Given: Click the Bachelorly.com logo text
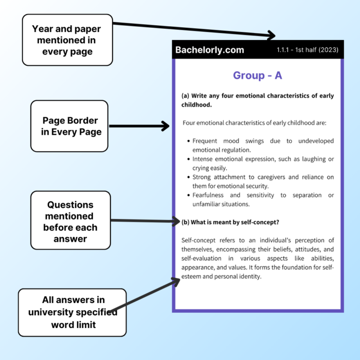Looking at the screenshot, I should click(x=210, y=50).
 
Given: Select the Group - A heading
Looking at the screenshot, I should click(x=258, y=76).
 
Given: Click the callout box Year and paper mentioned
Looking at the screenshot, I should click(x=67, y=40).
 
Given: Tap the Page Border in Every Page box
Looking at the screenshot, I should click(x=69, y=126).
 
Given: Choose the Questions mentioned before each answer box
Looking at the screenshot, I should click(x=70, y=220).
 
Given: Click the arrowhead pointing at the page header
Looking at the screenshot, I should click(x=271, y=35).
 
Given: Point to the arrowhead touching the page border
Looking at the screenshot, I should click(x=165, y=126).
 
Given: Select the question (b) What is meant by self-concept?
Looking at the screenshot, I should click(x=230, y=222).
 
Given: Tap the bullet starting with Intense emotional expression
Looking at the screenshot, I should click(x=263, y=164).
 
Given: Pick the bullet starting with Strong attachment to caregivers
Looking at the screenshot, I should click(x=263, y=182).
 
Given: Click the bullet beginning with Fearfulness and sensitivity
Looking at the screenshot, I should click(x=263, y=200).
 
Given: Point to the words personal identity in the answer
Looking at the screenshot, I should click(x=239, y=276).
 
